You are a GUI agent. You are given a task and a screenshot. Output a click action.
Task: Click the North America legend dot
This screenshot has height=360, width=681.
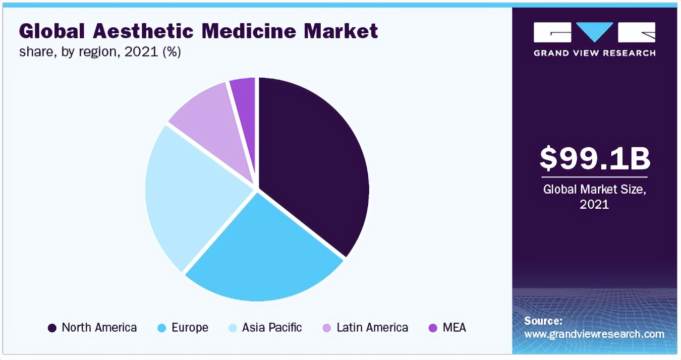coord(52,328)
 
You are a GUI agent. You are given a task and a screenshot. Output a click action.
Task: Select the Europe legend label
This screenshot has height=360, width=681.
coord(190,328)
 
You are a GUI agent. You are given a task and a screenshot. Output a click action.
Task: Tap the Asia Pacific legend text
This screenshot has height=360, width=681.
coord(272,328)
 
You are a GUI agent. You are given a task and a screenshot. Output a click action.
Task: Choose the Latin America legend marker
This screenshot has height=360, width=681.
coord(327,328)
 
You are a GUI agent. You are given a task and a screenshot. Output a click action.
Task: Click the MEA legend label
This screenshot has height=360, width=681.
coord(454,328)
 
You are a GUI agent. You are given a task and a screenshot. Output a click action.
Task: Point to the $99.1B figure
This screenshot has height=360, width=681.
coord(595,158)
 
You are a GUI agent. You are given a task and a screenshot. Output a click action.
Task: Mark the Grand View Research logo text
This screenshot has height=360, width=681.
coord(595,53)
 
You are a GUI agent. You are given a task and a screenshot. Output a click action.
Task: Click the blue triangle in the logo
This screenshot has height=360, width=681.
coord(595,32)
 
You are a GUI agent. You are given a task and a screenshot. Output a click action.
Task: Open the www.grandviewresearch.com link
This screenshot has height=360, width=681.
coord(594,334)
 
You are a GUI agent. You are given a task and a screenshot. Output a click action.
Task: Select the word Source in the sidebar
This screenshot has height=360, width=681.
coord(543,321)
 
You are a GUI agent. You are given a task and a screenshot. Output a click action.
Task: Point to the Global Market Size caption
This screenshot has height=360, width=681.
coord(595,190)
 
